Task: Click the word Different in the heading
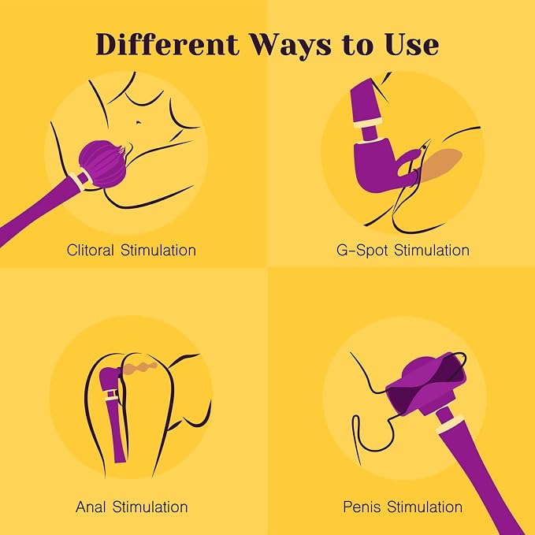[x=167, y=44]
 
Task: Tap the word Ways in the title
[x=291, y=46]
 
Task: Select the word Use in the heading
[x=412, y=44]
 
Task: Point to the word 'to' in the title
[x=359, y=46]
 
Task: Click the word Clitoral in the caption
[x=90, y=250]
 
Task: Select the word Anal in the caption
[x=91, y=507]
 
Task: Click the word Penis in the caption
[x=362, y=507]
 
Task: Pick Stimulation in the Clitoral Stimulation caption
[x=158, y=250]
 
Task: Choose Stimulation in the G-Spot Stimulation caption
[x=432, y=250]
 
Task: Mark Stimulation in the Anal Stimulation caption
[x=150, y=507]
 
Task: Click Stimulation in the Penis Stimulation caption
[x=425, y=507]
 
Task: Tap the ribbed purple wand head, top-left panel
[x=103, y=164]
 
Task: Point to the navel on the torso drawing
[x=139, y=122]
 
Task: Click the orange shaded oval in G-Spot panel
[x=440, y=164]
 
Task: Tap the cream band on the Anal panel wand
[x=112, y=395]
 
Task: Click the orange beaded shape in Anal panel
[x=140, y=368]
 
